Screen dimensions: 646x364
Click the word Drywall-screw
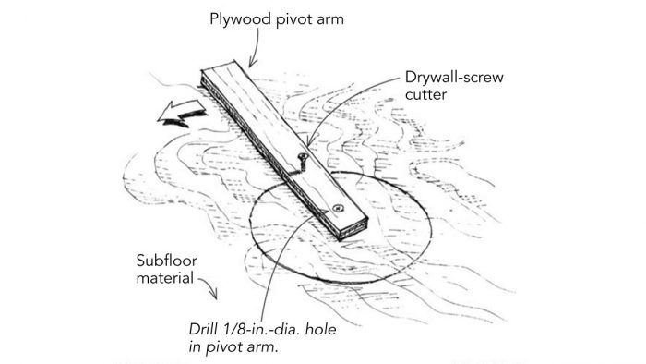pyautogui.click(x=454, y=78)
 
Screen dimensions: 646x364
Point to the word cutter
pyautogui.click(x=425, y=95)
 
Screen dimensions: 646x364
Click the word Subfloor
pyautogui.click(x=166, y=261)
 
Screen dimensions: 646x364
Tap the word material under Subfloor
pyautogui.click(x=165, y=278)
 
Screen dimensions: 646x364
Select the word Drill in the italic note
pyautogui.click(x=204, y=329)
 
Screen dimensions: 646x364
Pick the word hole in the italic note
pyautogui.click(x=323, y=329)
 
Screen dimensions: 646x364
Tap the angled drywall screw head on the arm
pyautogui.click(x=303, y=157)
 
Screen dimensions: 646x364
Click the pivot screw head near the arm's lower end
pyautogui.click(x=339, y=209)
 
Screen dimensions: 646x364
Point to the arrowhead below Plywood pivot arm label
pyautogui.click(x=252, y=64)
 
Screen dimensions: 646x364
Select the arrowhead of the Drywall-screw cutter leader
pyautogui.click(x=309, y=141)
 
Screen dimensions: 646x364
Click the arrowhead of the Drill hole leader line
pyautogui.click(x=323, y=212)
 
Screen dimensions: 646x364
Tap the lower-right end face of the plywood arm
pyautogui.click(x=353, y=231)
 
